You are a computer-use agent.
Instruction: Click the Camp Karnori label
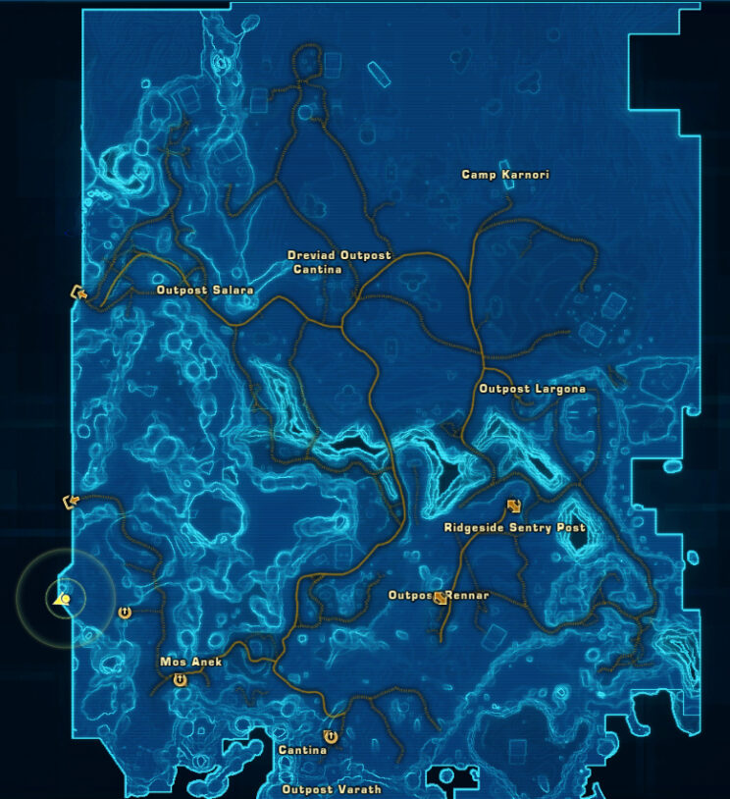(505, 175)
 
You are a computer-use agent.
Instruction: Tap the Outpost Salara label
(205, 291)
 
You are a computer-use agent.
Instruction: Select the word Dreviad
(309, 255)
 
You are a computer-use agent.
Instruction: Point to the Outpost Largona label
(532, 389)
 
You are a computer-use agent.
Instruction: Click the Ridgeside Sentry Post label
(514, 527)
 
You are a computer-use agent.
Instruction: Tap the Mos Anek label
(190, 662)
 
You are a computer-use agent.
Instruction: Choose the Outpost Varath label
(331, 789)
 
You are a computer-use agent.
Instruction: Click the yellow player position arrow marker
(64, 599)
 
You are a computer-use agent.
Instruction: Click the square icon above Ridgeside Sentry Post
(513, 506)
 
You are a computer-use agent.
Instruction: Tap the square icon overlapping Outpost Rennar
(441, 597)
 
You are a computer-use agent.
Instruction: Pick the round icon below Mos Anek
(180, 679)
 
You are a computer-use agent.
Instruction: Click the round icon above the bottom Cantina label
(331, 734)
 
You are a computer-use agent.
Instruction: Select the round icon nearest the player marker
(125, 613)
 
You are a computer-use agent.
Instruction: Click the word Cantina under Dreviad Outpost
(317, 269)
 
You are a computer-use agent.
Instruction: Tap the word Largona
(559, 389)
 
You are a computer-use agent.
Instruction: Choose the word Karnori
(525, 175)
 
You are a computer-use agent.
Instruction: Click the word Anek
(207, 662)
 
